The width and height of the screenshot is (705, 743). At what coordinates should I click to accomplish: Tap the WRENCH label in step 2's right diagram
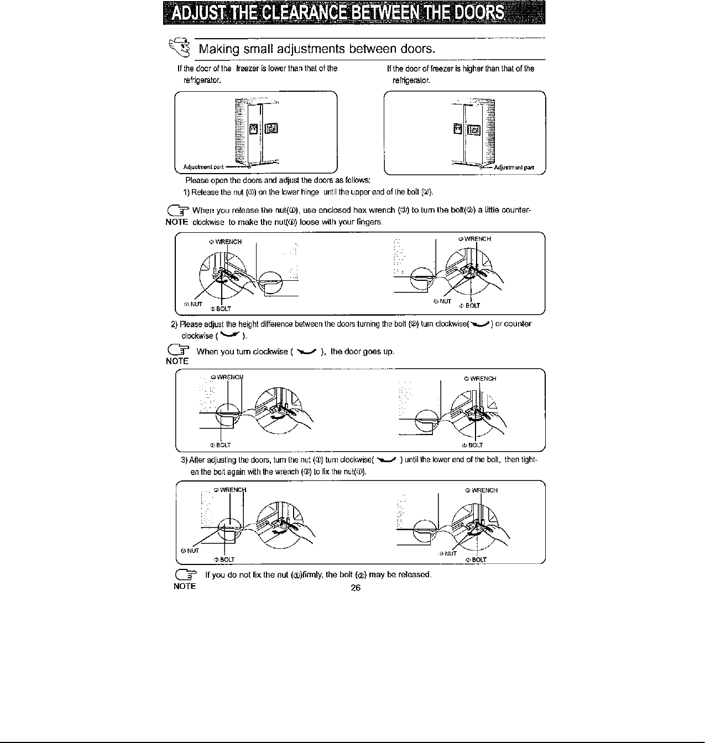[482, 379]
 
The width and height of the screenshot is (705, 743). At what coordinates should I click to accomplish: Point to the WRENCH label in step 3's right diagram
[483, 490]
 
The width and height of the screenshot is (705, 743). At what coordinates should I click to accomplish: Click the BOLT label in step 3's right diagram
[478, 559]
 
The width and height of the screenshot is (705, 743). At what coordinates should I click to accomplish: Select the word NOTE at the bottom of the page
[185, 586]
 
